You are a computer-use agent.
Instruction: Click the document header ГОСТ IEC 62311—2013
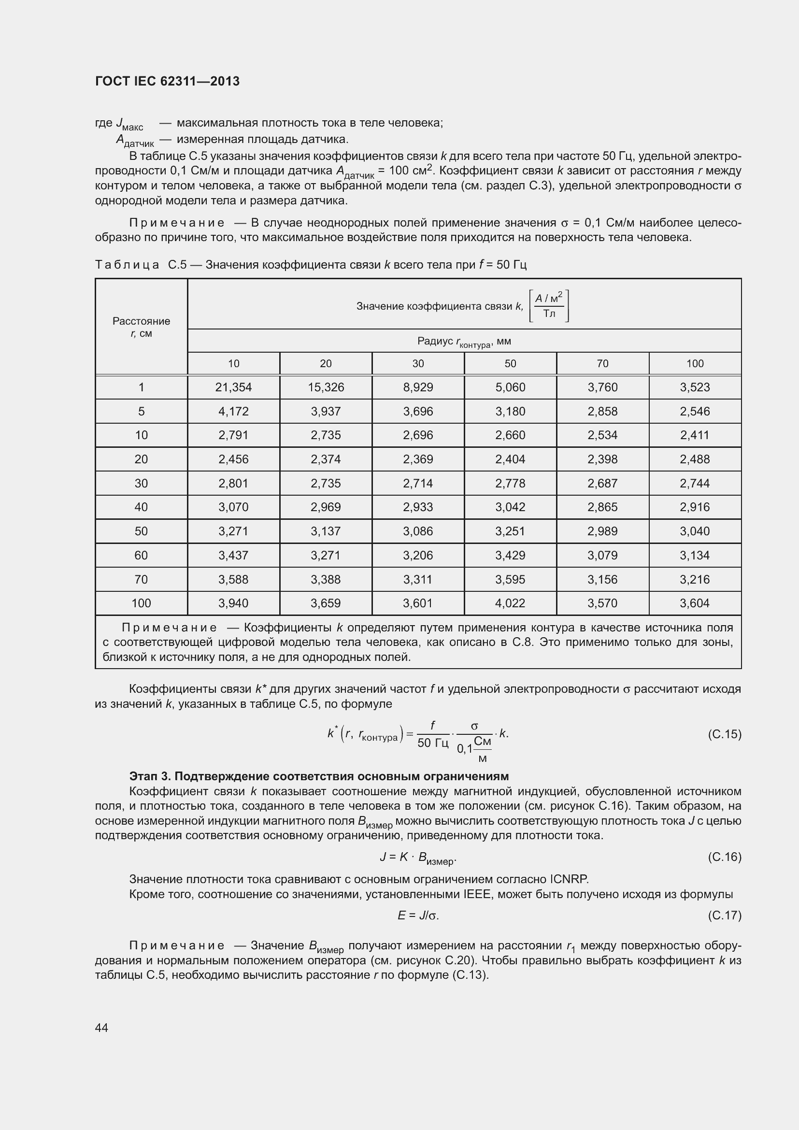click(167, 81)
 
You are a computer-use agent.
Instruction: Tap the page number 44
click(101, 1028)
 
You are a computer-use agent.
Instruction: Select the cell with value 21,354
click(233, 387)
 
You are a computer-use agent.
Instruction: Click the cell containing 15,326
click(326, 387)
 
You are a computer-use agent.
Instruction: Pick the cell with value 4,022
click(510, 603)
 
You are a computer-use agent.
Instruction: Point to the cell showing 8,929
click(418, 387)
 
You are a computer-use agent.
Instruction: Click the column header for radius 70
click(602, 364)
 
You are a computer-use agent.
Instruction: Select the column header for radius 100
click(695, 364)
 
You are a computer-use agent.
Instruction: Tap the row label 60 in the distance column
click(141, 555)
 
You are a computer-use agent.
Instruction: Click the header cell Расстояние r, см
click(141, 327)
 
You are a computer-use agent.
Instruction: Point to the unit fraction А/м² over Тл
click(549, 306)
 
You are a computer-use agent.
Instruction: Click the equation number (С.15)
click(724, 734)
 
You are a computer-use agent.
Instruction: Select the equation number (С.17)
click(724, 915)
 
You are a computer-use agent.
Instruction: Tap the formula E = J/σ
click(418, 915)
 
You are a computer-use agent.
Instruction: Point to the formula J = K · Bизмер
click(418, 858)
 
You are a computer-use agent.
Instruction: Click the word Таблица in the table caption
click(127, 265)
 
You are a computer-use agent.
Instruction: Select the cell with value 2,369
click(418, 459)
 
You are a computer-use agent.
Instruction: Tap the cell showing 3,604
click(695, 603)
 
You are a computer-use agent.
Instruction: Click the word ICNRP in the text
click(569, 879)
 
